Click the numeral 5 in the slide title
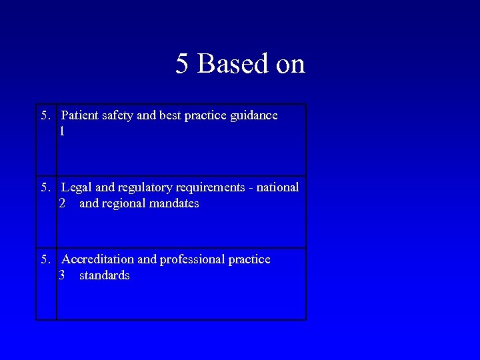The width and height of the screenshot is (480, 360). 182,64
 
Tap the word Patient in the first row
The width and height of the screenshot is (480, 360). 79,115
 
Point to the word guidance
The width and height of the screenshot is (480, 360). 253,115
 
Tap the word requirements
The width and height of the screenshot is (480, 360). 204,187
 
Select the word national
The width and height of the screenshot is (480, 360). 275,187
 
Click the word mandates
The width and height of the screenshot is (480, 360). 174,203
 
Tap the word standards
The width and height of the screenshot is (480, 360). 104,275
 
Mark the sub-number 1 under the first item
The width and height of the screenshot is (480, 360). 62,131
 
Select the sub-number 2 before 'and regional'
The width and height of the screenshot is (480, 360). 62,203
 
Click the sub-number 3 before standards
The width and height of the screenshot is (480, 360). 62,275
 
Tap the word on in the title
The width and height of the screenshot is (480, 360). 290,64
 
